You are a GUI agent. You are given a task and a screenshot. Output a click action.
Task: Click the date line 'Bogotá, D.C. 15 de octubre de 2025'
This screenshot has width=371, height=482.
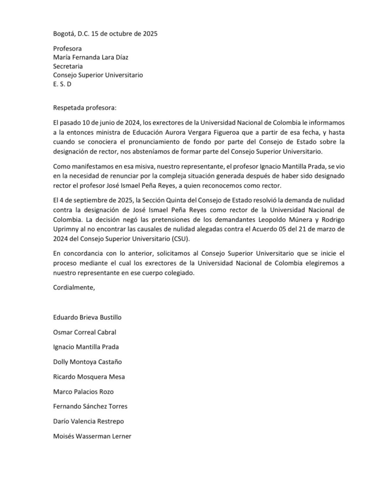[105, 34]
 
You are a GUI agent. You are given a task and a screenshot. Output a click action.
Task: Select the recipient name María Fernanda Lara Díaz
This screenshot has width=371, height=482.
[91, 58]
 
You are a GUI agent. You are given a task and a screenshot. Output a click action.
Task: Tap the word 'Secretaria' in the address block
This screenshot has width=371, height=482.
[68, 66]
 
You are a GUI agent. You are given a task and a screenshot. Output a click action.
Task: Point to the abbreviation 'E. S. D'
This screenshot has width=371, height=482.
[62, 84]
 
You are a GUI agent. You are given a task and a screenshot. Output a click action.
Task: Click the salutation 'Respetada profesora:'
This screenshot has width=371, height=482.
[85, 108]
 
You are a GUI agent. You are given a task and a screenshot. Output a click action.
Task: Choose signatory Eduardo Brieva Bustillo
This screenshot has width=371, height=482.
[87, 317]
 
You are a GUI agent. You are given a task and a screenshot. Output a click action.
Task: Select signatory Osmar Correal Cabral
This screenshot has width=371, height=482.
[85, 332]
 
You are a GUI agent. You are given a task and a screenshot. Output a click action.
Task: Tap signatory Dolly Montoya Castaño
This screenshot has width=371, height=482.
[88, 362]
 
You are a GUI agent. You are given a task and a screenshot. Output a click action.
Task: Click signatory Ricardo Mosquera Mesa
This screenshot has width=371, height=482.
[89, 377]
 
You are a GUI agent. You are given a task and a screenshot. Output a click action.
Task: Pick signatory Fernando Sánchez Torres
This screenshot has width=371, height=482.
[90, 406]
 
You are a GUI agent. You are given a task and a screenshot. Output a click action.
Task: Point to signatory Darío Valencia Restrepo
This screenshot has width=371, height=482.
[88, 421]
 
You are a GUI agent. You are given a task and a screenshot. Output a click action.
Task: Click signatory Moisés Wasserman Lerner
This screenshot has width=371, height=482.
[92, 436]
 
